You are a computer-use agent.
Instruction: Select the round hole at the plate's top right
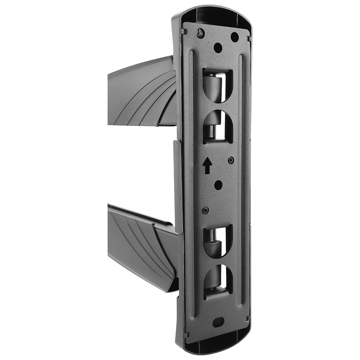point(234,37)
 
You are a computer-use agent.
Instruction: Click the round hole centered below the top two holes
point(218,47)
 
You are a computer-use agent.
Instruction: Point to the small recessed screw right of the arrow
point(231,160)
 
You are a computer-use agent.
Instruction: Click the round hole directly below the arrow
point(218,185)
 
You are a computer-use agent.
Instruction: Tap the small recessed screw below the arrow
point(205,210)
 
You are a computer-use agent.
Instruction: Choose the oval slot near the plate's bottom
point(218,321)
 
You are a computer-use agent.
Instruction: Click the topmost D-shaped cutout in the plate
point(218,86)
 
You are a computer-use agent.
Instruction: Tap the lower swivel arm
point(141,246)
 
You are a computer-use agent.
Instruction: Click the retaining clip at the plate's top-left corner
point(184,31)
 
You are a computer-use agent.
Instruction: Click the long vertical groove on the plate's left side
point(191,176)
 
